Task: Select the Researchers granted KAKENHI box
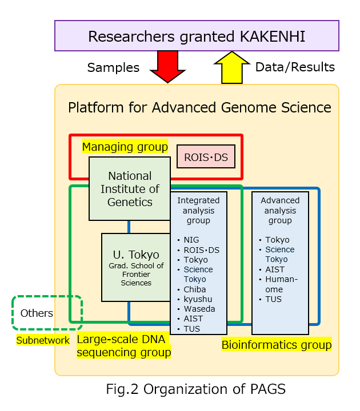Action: coord(197,37)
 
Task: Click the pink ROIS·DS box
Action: coord(206,156)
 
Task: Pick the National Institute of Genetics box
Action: coord(130,188)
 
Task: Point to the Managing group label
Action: coord(125,147)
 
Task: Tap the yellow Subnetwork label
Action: coord(43,340)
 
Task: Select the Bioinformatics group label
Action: coord(277,345)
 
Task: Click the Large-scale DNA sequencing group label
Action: coord(123,346)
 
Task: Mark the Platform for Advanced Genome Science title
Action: coord(199,107)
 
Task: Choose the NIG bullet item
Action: coord(191,240)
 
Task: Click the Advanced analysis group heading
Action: coord(280,210)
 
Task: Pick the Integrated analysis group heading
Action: coord(198,210)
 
